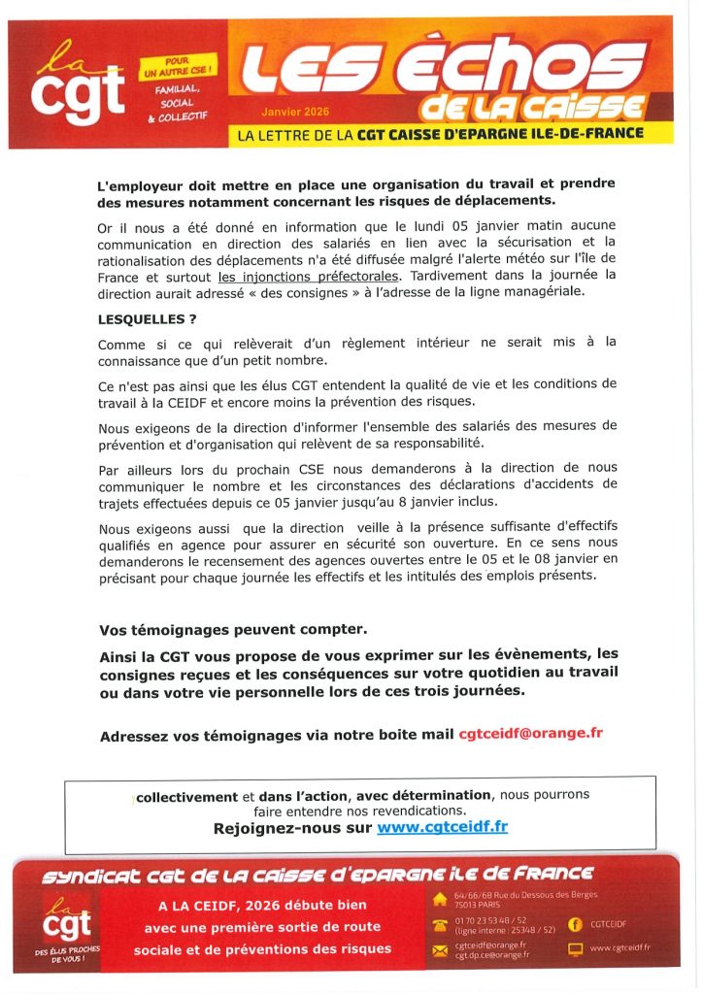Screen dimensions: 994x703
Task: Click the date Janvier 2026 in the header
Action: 288,112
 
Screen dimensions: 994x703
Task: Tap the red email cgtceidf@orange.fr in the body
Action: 530,734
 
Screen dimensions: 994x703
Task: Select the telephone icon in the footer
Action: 441,924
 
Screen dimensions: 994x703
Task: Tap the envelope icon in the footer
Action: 441,948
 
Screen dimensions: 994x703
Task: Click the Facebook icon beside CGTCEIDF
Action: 575,923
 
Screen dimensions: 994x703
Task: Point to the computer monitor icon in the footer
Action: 575,948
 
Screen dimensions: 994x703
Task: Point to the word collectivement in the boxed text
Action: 186,796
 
